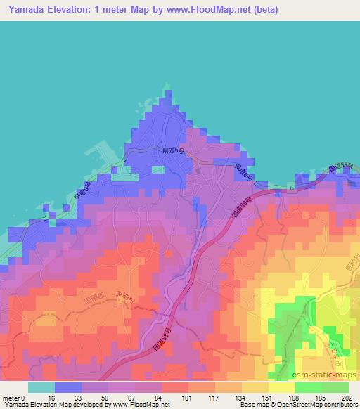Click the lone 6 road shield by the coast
[x=290, y=188]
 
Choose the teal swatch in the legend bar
[x=41, y=387]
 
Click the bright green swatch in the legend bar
[x=309, y=387]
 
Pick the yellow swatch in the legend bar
[x=282, y=387]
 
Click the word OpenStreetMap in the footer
[x=304, y=405]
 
